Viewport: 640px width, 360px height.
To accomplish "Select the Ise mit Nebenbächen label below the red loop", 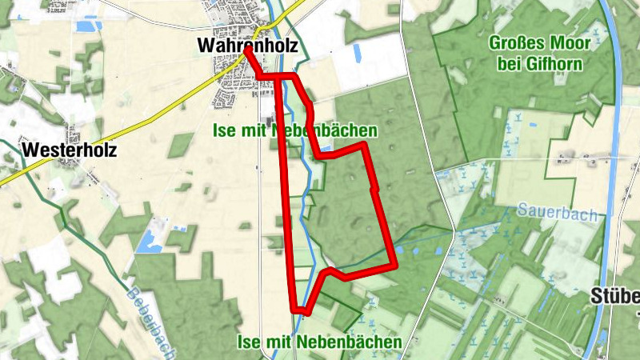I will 319,342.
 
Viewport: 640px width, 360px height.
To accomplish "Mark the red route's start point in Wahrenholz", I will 247,49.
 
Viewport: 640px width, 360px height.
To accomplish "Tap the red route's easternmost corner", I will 395,265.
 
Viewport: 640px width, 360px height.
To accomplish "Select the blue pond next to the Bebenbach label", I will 148,242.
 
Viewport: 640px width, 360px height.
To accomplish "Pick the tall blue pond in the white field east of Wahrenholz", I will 357,55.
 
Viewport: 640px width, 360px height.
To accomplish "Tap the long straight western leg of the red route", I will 286,200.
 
